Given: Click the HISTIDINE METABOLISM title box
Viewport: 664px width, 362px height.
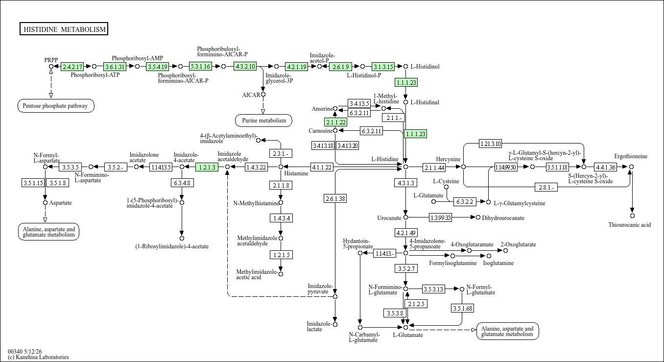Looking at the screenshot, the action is coord(64,29).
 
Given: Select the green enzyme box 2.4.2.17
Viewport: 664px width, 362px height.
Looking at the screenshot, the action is coord(72,67).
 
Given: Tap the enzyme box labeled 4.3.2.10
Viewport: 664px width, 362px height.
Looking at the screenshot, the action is coord(245,66).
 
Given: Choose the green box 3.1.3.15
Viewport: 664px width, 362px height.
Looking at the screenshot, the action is coord(383,67).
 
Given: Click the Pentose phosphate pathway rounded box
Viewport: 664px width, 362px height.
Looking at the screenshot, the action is coord(56,106).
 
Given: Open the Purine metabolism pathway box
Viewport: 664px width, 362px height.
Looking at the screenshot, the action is coord(263,121).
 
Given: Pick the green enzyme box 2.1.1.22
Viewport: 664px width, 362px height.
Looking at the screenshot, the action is coord(335,122).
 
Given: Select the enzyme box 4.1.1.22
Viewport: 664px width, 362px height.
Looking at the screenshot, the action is coord(322,167).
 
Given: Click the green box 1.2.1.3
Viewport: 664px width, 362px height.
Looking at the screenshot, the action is coord(207,167).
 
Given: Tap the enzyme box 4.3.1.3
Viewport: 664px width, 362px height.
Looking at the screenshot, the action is coord(406,183).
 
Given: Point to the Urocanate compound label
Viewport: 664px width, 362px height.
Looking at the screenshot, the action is coord(389,218).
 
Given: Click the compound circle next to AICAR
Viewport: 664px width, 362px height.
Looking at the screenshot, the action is coord(263,95).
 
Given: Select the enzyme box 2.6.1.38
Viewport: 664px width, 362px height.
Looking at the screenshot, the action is coord(335,198).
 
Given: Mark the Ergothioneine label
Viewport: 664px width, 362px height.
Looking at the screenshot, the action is coord(631,156).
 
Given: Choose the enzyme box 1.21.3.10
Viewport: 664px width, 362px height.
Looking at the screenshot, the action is coord(491,144).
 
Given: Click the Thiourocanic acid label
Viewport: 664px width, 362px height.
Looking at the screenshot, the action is coord(630,225).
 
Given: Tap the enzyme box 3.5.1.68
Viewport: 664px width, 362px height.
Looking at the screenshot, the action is coord(462,308).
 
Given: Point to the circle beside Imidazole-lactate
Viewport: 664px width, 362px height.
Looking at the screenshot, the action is coord(335,324).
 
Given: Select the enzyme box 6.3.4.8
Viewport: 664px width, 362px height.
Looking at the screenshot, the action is coord(182,183).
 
